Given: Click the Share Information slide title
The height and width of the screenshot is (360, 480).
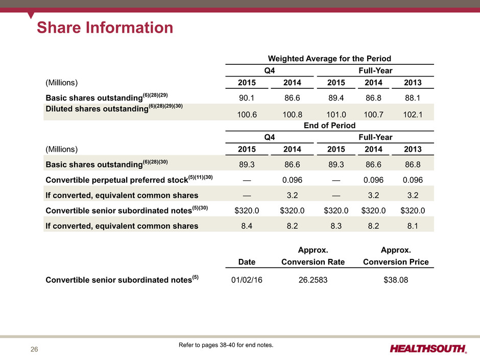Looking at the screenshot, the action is (x=105, y=27).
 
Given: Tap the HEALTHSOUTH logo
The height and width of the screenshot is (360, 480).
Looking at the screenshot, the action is (x=428, y=349).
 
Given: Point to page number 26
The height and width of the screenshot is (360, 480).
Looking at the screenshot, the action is (x=34, y=349).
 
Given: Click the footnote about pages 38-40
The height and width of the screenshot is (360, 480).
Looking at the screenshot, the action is (x=226, y=345).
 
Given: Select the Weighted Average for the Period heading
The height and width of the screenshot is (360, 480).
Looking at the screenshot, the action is (x=329, y=59).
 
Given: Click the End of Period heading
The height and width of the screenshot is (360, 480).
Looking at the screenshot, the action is (x=329, y=125).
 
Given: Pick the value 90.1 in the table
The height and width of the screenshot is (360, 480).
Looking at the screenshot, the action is (x=247, y=98).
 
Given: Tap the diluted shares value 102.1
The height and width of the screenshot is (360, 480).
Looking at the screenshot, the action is (x=413, y=114).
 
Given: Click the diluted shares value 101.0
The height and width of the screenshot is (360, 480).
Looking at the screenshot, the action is (x=336, y=114).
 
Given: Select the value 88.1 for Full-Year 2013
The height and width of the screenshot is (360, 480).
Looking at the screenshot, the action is (x=413, y=98).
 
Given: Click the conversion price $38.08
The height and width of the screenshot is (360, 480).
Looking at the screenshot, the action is (x=396, y=280).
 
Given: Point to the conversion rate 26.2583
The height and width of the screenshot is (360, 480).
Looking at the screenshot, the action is (x=313, y=280).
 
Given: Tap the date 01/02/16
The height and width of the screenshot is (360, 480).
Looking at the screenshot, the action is (x=247, y=280).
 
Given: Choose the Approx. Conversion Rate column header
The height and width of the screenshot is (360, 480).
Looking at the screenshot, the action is (x=313, y=256).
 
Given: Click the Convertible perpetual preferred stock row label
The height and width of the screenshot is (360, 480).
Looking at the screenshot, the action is (x=129, y=179).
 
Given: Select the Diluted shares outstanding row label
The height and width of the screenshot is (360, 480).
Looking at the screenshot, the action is (x=114, y=108).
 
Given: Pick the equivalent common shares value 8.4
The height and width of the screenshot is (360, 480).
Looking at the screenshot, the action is (x=247, y=226).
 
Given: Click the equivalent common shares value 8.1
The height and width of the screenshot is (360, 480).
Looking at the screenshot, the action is (x=413, y=226).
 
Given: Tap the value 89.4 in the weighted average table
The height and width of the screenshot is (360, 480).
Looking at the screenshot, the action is (x=336, y=98).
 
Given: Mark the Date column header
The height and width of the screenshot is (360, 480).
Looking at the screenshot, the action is (x=247, y=262).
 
